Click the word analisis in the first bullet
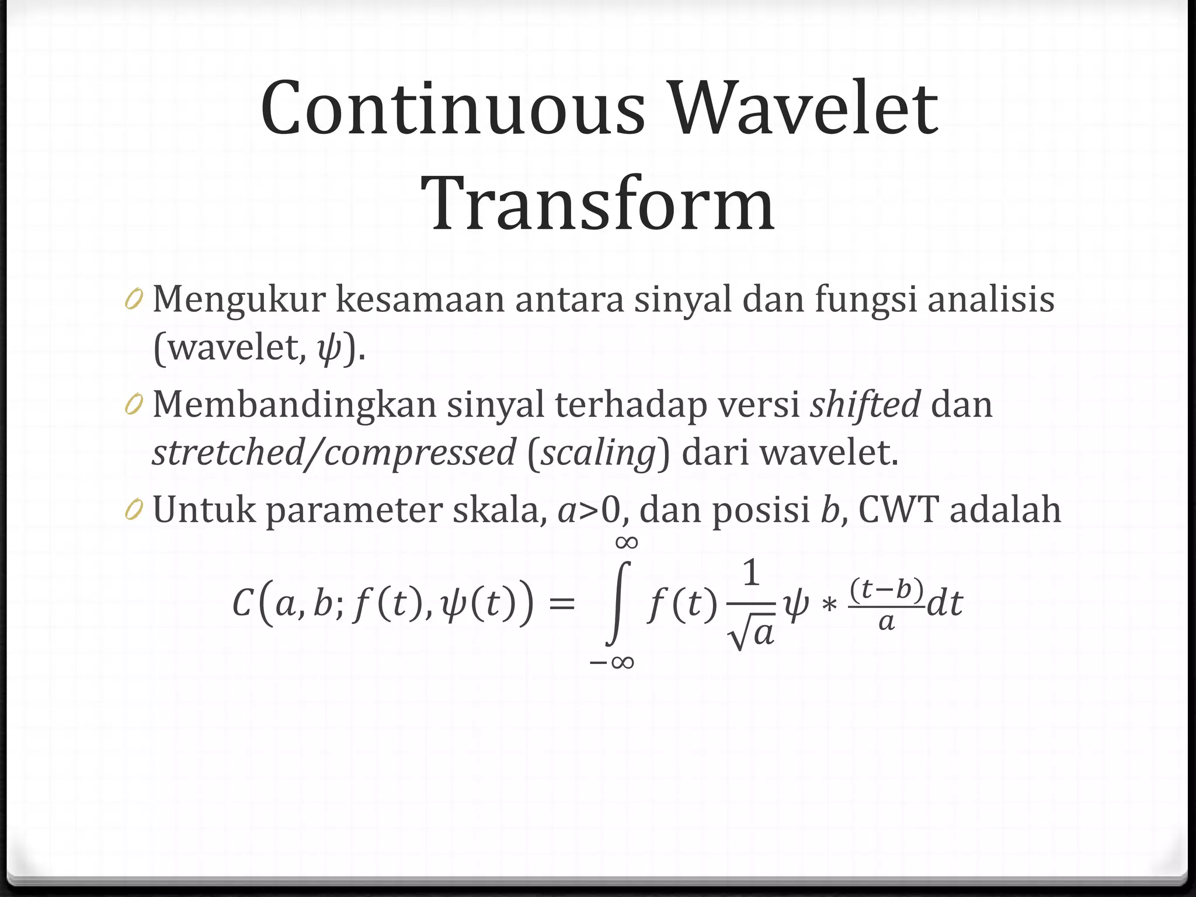[x=991, y=299]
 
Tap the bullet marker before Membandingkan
[x=134, y=405]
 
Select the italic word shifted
[x=865, y=404]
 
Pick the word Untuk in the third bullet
[x=204, y=510]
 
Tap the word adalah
[x=1005, y=510]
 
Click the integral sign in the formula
[x=618, y=603]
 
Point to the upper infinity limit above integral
[x=627, y=543]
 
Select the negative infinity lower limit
[x=612, y=663]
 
